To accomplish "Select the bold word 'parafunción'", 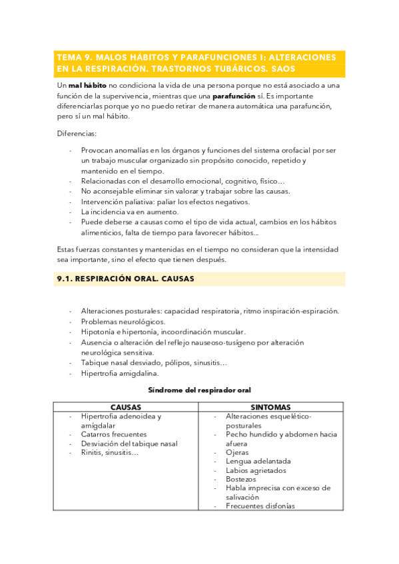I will point(234,96).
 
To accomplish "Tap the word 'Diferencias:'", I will point(77,133).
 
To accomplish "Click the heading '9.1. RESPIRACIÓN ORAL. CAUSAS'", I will point(125,279).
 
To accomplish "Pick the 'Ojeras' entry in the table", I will point(237,452).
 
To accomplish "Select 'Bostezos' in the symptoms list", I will point(241,479).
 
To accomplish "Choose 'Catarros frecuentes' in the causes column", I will point(114,434).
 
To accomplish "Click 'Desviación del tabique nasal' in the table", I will point(129,444).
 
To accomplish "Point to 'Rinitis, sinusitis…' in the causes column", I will point(110,452).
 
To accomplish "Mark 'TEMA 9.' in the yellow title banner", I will point(75,57).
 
